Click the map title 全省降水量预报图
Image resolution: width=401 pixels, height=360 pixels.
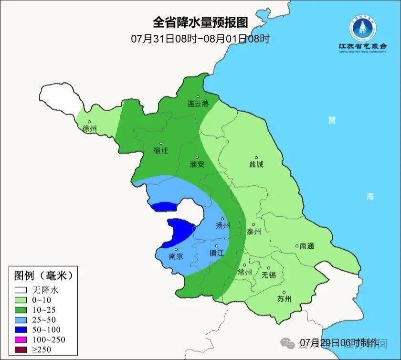[200, 22]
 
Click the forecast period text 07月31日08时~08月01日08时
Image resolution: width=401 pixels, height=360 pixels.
[200, 39]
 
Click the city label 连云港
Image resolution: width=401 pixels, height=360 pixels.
[198, 104]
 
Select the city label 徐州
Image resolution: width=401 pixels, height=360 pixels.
[89, 128]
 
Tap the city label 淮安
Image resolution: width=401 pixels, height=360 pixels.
[197, 164]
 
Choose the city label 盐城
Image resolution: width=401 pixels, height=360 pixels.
[256, 164]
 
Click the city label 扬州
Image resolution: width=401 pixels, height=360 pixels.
[222, 225]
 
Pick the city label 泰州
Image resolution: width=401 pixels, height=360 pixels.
[253, 232]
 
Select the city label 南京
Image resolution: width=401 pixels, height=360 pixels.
[176, 256]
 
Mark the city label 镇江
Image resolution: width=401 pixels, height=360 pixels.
[216, 253]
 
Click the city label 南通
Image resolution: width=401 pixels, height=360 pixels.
[307, 246]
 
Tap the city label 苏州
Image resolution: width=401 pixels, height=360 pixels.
[284, 299]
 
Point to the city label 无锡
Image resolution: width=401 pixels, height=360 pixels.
[268, 275]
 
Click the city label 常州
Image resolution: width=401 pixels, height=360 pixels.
[244, 272]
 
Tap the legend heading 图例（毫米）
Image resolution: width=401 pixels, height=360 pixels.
[43, 276]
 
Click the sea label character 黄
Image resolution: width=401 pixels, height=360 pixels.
[331, 120]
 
